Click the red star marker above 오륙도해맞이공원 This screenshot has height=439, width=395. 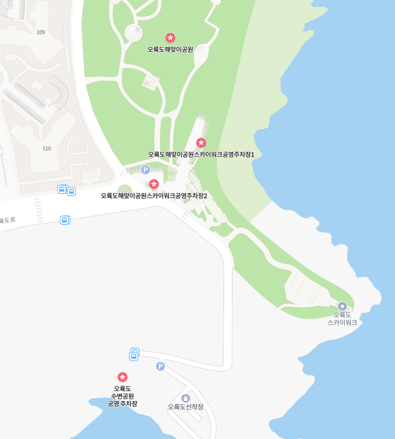point(170,38)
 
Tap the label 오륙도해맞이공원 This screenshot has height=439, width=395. point(170,50)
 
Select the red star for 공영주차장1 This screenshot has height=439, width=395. point(201,143)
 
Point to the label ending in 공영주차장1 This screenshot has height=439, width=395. point(201,154)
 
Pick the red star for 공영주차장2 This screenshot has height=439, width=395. point(154,184)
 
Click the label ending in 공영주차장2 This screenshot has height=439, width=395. point(154,196)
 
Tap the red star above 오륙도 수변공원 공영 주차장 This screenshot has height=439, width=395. point(122,377)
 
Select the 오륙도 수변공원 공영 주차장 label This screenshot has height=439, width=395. point(122,396)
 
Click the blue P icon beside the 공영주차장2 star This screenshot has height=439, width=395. point(145,170)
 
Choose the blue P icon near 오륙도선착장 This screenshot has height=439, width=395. point(160,366)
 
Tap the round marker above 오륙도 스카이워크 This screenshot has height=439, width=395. point(342,306)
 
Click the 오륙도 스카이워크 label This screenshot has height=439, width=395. point(342,319)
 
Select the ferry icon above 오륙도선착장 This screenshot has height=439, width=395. point(186,398)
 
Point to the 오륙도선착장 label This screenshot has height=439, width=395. point(186,407)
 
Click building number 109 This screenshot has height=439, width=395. point(41,32)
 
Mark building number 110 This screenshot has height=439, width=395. point(47,149)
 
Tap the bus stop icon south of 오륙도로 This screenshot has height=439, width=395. point(65,220)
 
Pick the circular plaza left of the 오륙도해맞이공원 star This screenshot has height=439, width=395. point(133,32)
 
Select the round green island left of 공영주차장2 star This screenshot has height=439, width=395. point(125,190)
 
